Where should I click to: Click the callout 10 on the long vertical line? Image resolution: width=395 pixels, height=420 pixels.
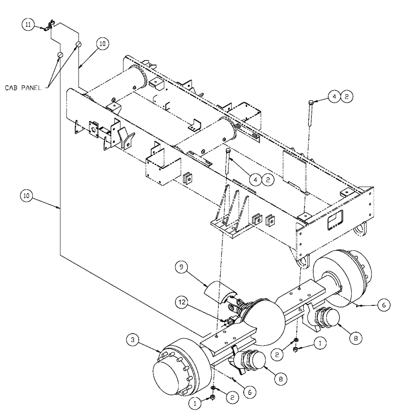(x=26, y=195)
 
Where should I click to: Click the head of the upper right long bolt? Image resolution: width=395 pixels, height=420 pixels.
(x=311, y=102)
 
